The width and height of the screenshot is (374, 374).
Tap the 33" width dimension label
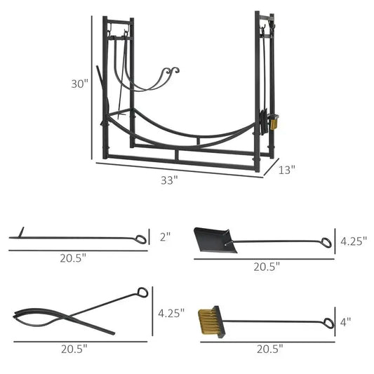[x=168, y=180]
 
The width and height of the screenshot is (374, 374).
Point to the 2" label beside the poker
[x=166, y=237]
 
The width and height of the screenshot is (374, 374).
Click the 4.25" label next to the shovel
[x=354, y=241]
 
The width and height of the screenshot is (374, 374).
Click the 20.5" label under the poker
[x=73, y=258]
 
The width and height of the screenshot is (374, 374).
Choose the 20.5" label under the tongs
[x=73, y=349]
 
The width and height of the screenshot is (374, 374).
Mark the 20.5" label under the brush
[x=269, y=348]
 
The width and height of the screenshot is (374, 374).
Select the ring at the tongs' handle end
[x=143, y=292]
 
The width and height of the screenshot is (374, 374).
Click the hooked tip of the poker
[x=21, y=231]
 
